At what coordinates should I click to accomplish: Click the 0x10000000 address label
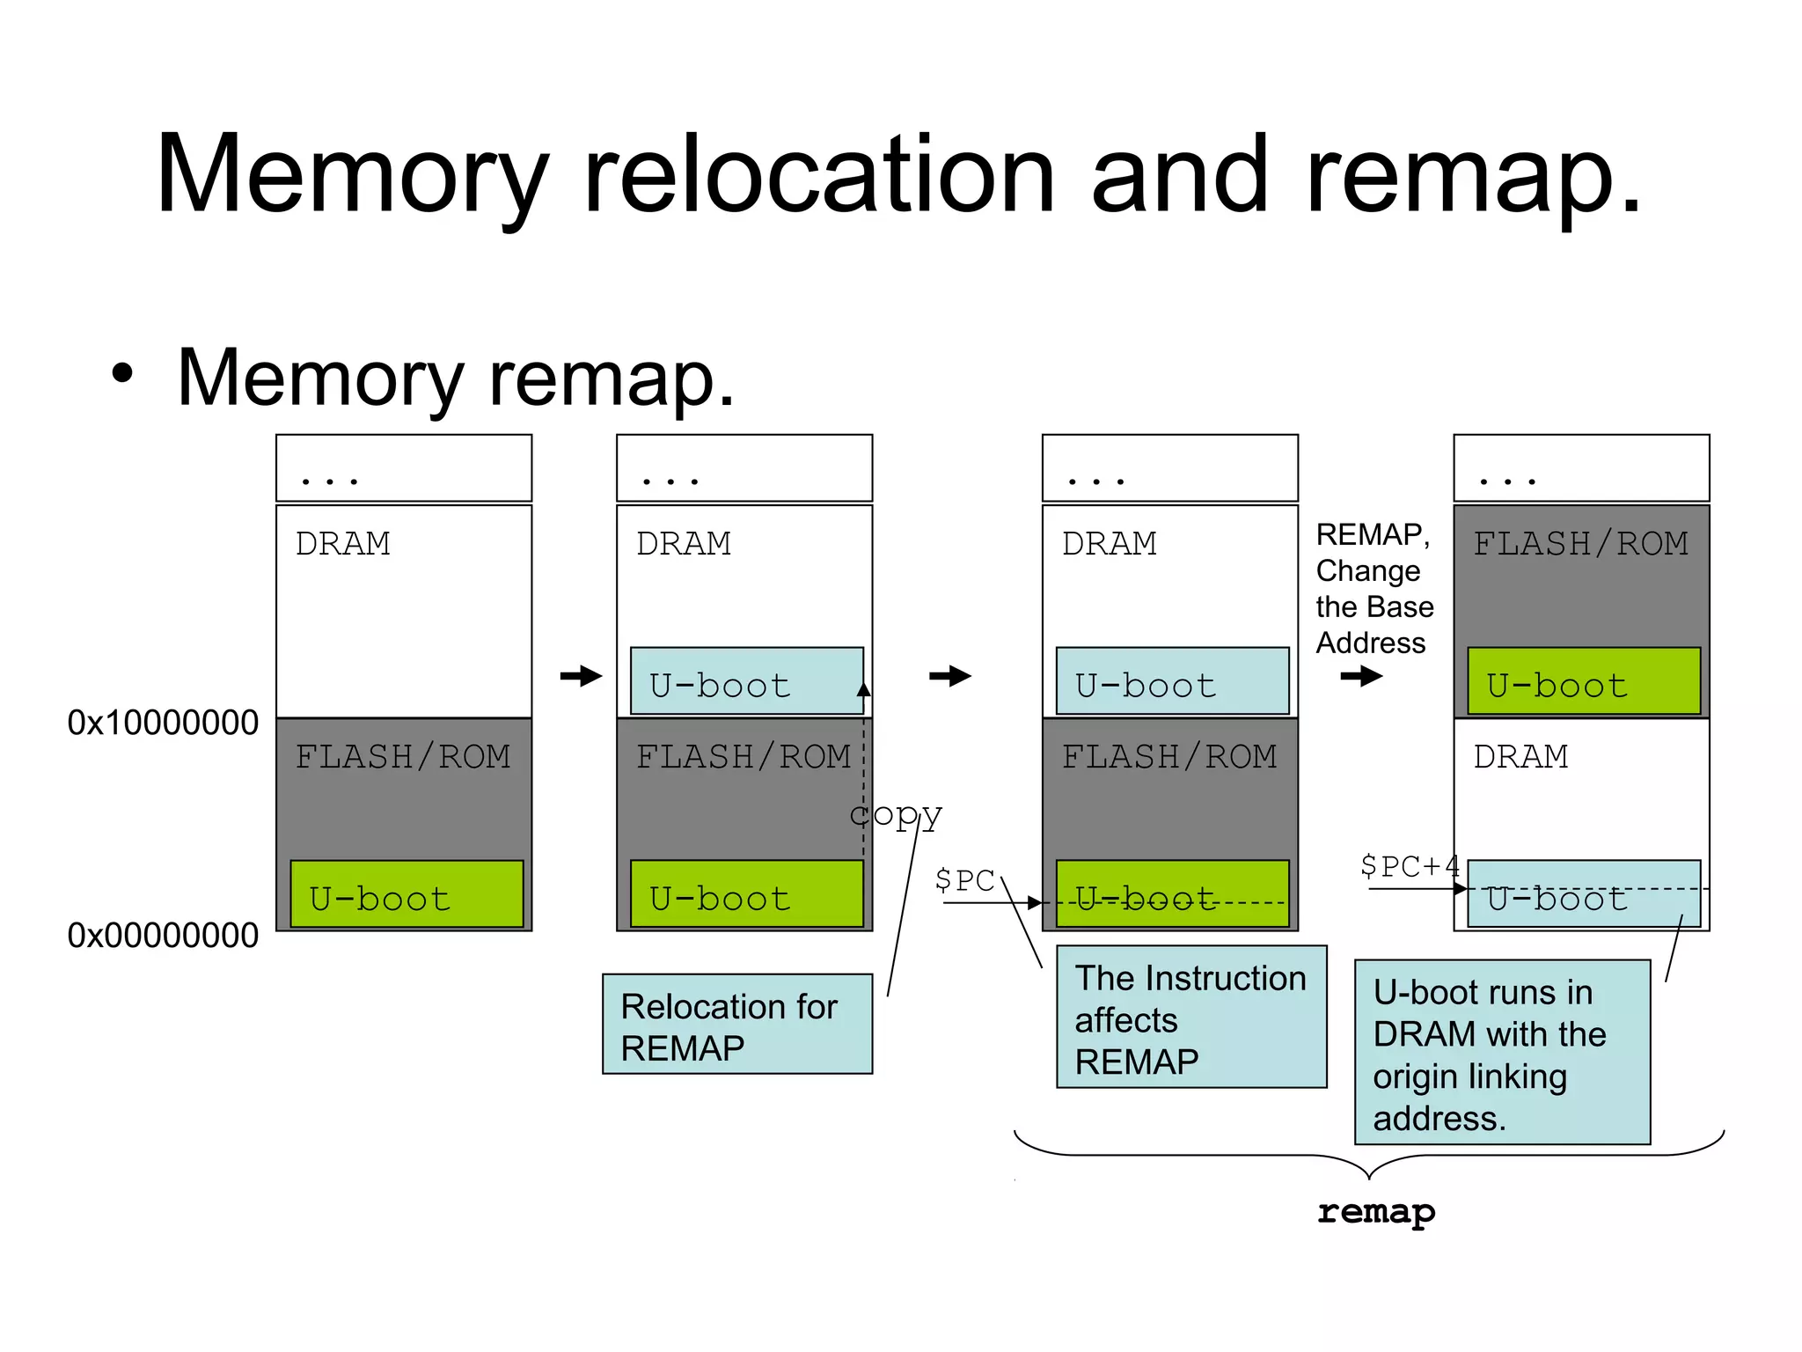(163, 723)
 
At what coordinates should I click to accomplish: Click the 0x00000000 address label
(163, 936)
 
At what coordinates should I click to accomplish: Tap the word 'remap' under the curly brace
(1375, 1212)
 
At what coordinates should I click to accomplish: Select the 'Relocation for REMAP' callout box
(736, 1024)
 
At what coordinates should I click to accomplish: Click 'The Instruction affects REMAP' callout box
(1190, 1018)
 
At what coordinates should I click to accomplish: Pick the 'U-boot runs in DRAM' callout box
(1501, 1053)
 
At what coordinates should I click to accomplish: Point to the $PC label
(964, 879)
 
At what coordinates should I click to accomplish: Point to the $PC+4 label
(1409, 866)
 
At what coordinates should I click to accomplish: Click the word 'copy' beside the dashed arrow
(896, 815)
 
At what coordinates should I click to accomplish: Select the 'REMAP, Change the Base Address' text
(1373, 589)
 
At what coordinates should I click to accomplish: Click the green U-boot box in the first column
(407, 894)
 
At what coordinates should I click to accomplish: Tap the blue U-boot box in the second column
(746, 681)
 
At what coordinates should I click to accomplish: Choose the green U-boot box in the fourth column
(1583, 681)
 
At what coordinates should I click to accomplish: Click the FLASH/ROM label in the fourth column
(1580, 544)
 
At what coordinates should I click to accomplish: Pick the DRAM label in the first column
(342, 544)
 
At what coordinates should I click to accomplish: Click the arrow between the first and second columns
(581, 676)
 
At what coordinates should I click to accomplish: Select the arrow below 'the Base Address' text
(1361, 676)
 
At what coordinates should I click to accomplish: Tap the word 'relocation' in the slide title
(818, 174)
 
